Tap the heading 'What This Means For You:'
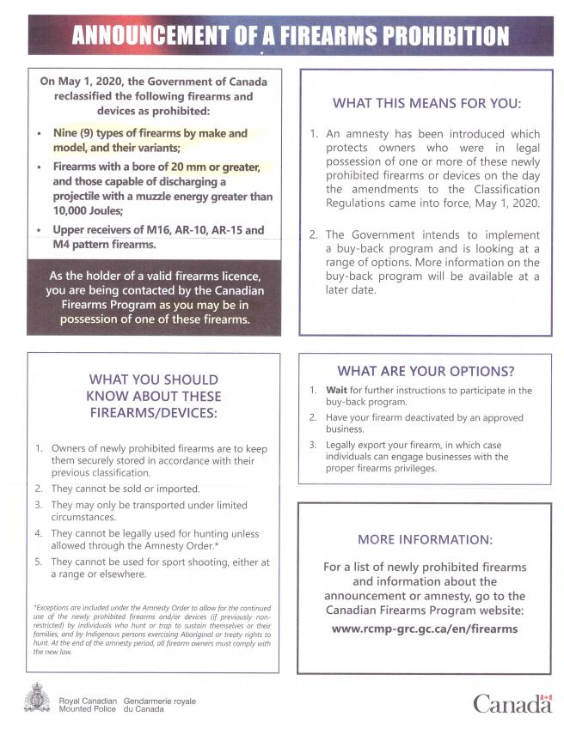426,104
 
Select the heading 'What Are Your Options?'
426,371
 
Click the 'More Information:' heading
425,539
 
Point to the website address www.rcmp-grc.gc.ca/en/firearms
425,628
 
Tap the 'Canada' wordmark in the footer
512,704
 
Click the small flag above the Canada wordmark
546,697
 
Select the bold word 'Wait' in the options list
336,390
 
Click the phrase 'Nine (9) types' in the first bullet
95,133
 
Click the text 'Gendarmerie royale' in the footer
160,701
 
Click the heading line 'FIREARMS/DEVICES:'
154,413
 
